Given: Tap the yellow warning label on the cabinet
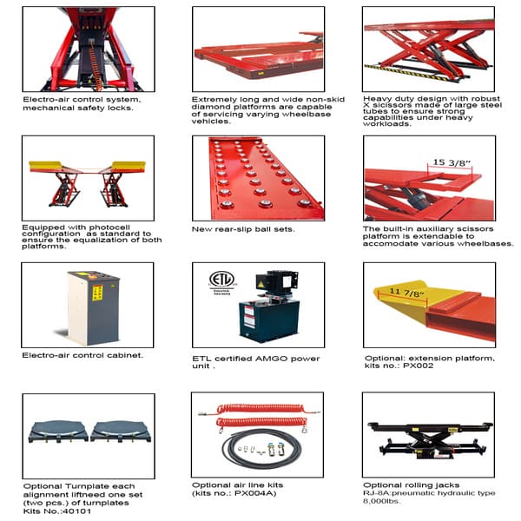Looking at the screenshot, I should point(97,293).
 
